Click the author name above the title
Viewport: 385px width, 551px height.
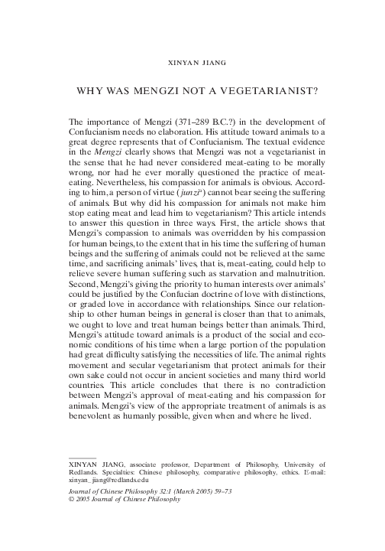point(192,57)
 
